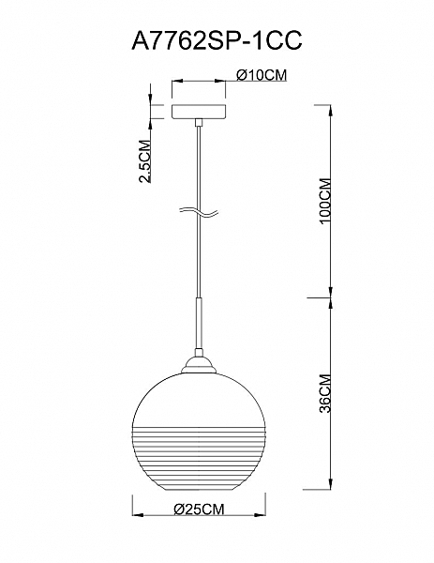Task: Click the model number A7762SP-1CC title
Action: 217,40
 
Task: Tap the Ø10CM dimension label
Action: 262,75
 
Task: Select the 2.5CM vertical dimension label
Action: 144,161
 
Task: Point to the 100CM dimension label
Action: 325,201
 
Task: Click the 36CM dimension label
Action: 325,393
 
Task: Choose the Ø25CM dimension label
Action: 199,509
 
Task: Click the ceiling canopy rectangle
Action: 199,112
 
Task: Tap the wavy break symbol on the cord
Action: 199,212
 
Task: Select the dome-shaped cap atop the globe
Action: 199,365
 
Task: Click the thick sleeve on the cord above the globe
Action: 199,323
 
